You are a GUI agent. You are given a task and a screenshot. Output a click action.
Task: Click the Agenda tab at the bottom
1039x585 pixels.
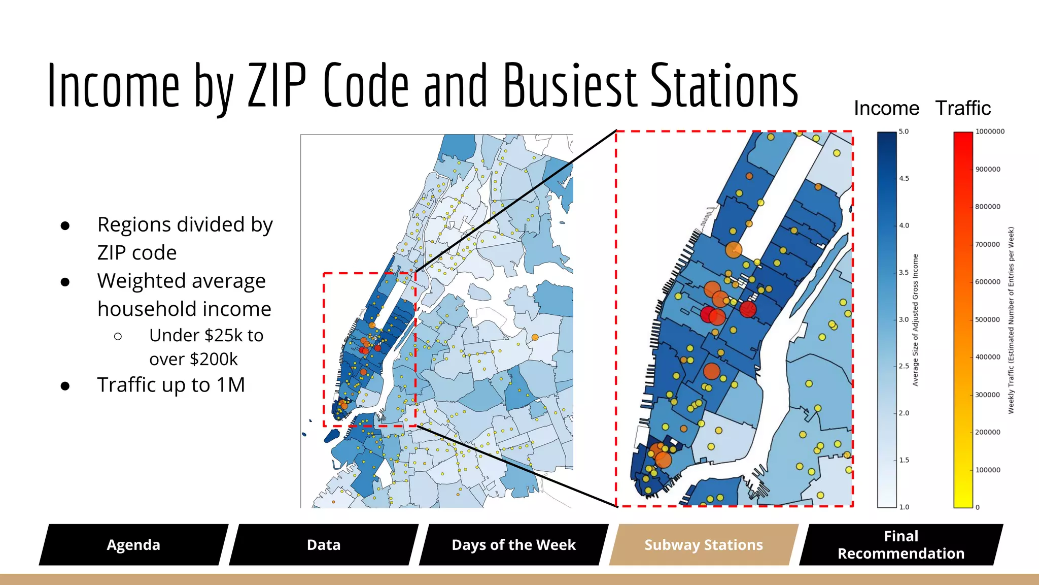[133, 545]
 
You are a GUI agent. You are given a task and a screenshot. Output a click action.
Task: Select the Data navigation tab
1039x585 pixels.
[324, 545]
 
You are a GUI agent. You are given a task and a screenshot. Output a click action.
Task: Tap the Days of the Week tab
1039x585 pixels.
[513, 545]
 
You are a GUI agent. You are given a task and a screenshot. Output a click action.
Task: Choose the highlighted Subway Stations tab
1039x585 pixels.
[704, 545]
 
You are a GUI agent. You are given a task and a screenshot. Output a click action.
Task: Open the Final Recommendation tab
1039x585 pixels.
[901, 545]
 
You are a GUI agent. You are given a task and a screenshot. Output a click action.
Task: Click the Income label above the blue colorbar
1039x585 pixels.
[886, 108]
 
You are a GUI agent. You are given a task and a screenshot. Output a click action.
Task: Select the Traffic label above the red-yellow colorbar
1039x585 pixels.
[963, 108]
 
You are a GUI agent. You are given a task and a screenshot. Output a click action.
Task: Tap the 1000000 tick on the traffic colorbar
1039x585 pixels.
[990, 132]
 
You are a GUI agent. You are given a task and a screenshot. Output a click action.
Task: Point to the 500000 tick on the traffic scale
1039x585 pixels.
[988, 319]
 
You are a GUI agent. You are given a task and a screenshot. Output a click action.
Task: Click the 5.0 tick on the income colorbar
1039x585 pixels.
[904, 132]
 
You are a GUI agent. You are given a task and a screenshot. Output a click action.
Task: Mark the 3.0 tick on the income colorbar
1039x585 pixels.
[904, 319]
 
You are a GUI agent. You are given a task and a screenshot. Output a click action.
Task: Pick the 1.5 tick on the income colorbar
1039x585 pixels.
[904, 460]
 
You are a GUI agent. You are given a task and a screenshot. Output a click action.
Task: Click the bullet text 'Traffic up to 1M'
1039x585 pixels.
[171, 385]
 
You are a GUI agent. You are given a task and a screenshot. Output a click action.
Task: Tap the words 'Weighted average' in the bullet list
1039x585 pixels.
[181, 281]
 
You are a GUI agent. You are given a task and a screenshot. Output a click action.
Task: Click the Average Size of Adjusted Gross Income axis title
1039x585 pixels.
[916, 320]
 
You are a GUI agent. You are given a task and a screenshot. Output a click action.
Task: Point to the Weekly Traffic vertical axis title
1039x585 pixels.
[1011, 320]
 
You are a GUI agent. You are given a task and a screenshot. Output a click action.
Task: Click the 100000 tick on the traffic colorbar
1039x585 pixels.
[988, 470]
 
